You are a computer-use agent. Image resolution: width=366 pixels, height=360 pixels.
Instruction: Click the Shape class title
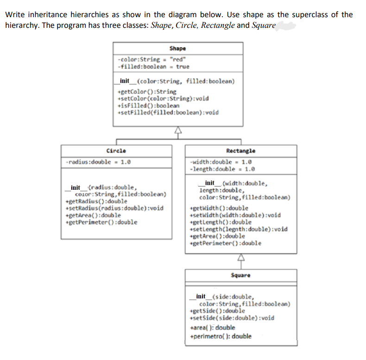[177, 48]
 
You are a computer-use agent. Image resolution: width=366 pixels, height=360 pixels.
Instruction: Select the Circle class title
[116, 151]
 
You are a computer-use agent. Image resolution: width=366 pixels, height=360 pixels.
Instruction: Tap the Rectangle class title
[240, 151]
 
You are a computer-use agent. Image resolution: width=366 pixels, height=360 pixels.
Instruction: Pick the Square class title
[240, 275]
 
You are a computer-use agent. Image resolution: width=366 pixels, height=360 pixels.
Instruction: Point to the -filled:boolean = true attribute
[153, 66]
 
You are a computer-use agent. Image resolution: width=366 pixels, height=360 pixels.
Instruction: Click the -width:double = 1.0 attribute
[221, 162]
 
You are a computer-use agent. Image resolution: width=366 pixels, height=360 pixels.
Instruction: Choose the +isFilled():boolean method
[148, 105]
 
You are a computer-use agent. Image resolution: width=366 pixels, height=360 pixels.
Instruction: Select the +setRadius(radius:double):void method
[115, 208]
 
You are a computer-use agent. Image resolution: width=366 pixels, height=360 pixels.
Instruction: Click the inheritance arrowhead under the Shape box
[178, 131]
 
